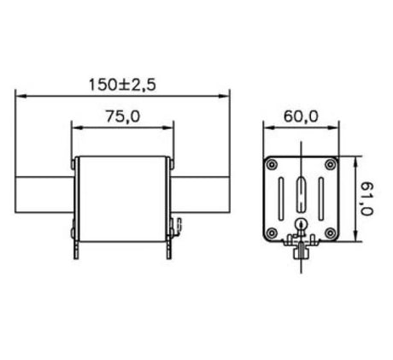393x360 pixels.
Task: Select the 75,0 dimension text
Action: (123, 119)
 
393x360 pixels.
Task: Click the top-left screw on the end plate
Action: (272, 164)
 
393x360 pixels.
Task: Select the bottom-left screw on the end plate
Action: (272, 233)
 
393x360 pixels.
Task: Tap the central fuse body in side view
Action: (123, 197)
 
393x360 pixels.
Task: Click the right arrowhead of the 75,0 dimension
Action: (171, 129)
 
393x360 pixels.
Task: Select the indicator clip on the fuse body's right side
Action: (177, 227)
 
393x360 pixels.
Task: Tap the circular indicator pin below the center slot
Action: (300, 226)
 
